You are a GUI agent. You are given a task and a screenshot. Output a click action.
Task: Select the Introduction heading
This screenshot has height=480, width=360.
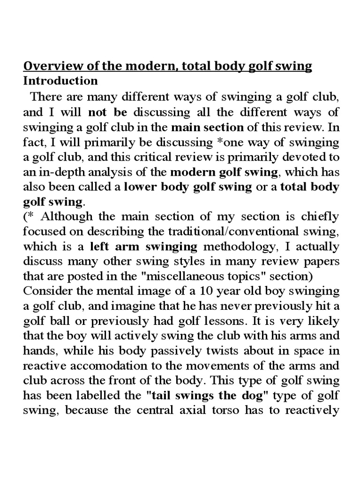point(60,81)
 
